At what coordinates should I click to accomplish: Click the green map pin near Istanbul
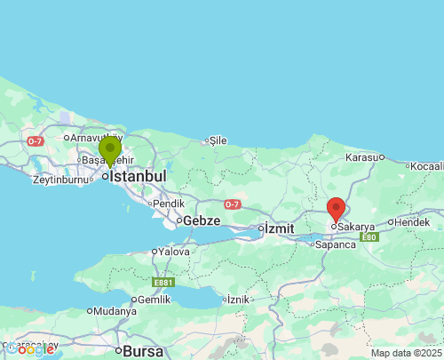(x=110, y=151)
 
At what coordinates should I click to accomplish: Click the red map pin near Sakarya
(x=337, y=210)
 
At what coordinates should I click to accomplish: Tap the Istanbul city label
(x=138, y=176)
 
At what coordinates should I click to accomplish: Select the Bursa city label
(x=144, y=350)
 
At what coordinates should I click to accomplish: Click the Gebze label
(x=202, y=220)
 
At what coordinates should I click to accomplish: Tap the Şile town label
(x=218, y=140)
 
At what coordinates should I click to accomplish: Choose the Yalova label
(x=174, y=252)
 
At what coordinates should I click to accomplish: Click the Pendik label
(x=169, y=203)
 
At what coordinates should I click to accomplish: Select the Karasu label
(x=362, y=156)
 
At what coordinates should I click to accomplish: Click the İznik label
(x=238, y=300)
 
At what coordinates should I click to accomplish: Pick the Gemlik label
(x=154, y=300)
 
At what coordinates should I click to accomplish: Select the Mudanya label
(x=116, y=311)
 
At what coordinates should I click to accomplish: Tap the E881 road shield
(x=163, y=283)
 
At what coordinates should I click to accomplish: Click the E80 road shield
(x=370, y=236)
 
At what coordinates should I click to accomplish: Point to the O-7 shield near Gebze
(x=232, y=204)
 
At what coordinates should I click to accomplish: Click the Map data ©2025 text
(x=405, y=353)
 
